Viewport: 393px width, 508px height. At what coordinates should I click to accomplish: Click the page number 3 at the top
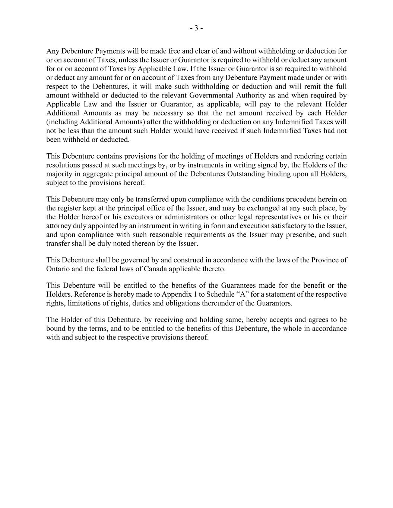click(x=196, y=28)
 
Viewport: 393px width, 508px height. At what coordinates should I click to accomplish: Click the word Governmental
click(x=209, y=95)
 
